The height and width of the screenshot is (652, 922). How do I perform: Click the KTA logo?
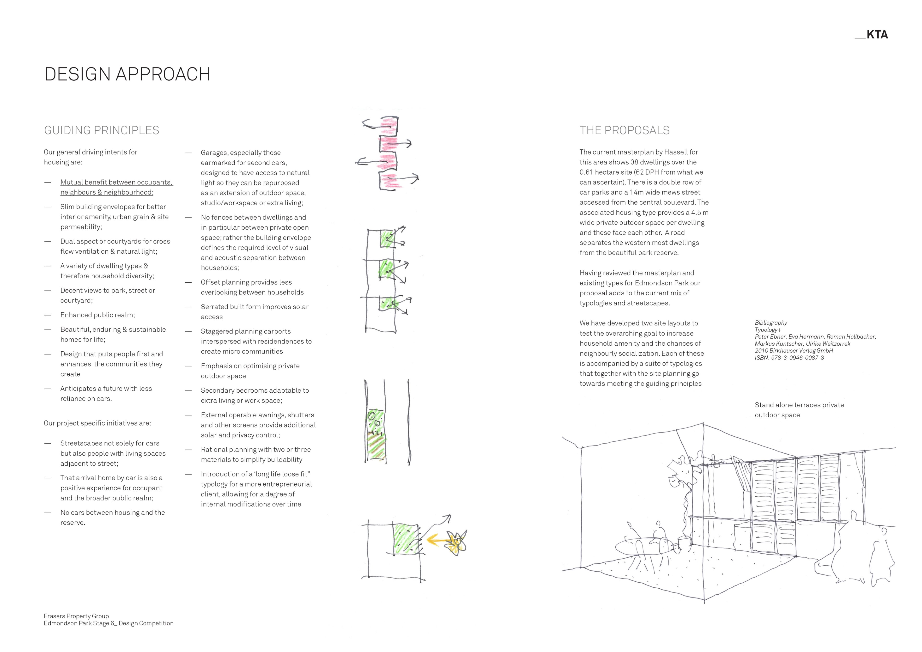871,35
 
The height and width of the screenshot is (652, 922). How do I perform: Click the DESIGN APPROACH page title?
127,74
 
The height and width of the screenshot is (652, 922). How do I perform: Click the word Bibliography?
770,323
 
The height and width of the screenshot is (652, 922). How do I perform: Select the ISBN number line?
789,358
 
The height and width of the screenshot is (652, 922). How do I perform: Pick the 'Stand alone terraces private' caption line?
799,405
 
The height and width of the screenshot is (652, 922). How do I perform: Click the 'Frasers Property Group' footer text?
76,616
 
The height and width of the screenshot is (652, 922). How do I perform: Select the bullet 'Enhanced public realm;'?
97,315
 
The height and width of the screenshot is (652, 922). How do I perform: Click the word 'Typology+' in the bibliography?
768,330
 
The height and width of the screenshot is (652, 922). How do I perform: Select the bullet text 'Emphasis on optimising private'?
250,366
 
